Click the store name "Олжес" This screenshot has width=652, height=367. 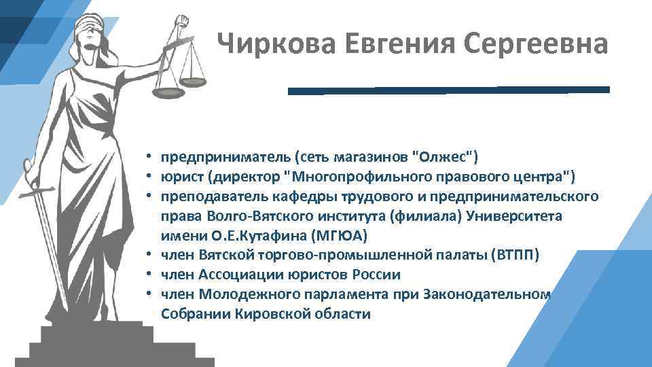(x=446, y=158)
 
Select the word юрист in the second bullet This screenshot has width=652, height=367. (x=181, y=177)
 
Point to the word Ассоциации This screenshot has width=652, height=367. (x=234, y=275)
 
